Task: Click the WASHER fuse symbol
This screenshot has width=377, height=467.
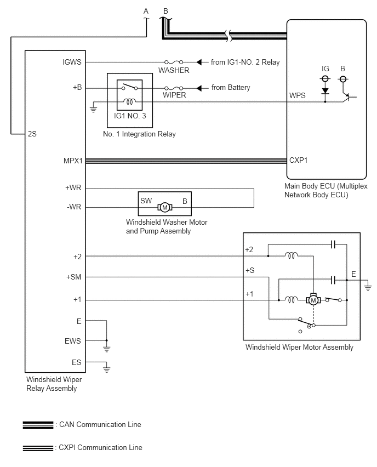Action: [x=174, y=62]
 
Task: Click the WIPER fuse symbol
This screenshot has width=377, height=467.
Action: [x=174, y=88]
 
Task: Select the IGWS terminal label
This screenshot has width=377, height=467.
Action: [x=72, y=62]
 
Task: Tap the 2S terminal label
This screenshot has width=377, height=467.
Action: [x=32, y=134]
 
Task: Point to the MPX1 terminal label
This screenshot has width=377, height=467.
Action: [x=73, y=161]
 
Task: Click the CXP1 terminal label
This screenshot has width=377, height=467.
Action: [x=299, y=160]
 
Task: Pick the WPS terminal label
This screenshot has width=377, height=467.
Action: [x=297, y=95]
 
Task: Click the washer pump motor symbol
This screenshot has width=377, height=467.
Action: [x=165, y=207]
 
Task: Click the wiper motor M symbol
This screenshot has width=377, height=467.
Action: [x=313, y=300]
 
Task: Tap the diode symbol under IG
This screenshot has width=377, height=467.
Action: [x=325, y=91]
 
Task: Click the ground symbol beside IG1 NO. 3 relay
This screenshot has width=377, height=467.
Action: [x=94, y=108]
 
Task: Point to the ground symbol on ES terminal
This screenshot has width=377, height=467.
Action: [x=107, y=369]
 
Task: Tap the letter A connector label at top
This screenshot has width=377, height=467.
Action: [x=146, y=11]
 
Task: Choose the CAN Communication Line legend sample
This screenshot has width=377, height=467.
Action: [x=38, y=425]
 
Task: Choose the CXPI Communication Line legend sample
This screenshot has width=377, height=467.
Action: [x=38, y=448]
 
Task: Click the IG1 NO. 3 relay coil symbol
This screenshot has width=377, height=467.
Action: [x=129, y=102]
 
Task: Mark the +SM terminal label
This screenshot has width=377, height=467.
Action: [x=73, y=277]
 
